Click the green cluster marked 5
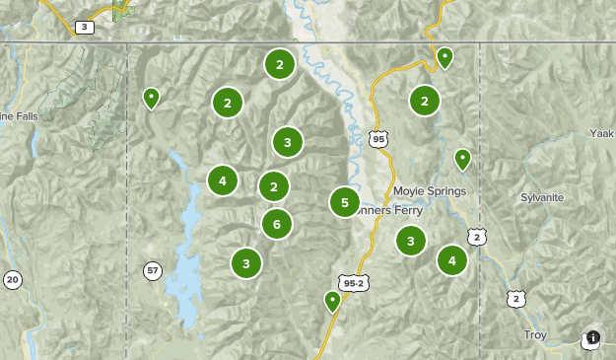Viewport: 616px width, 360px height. click(345, 202)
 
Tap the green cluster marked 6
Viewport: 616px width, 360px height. click(277, 224)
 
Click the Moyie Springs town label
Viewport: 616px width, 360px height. click(428, 190)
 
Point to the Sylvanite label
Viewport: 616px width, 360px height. click(542, 197)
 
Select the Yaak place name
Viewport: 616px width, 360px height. click(601, 132)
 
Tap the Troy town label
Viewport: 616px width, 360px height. click(535, 335)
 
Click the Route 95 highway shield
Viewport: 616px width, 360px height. click(379, 140)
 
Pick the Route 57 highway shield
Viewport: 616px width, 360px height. click(152, 270)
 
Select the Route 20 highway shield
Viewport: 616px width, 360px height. click(12, 280)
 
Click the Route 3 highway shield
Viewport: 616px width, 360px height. click(85, 27)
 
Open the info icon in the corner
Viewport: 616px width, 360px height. click(591, 337)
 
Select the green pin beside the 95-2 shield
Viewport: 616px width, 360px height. click(333, 301)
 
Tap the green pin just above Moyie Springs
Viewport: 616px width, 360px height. click(462, 158)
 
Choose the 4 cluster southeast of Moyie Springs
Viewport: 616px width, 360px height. click(452, 260)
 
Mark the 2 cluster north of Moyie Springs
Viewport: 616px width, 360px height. click(425, 100)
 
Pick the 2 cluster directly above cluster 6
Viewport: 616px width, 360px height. click(274, 185)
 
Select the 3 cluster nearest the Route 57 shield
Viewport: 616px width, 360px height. click(246, 262)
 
